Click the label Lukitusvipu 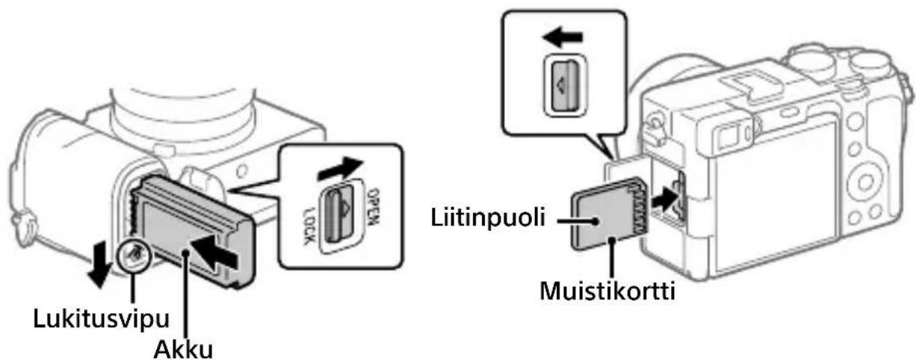click(101, 319)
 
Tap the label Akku click(183, 350)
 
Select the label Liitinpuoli click(488, 217)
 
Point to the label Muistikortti click(607, 292)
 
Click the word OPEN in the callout click(374, 207)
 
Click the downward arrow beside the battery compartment click(99, 264)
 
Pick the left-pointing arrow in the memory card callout click(563, 38)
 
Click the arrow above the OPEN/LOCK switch click(340, 169)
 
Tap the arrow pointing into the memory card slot click(664, 199)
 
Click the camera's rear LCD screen click(774, 200)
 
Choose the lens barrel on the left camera click(183, 112)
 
